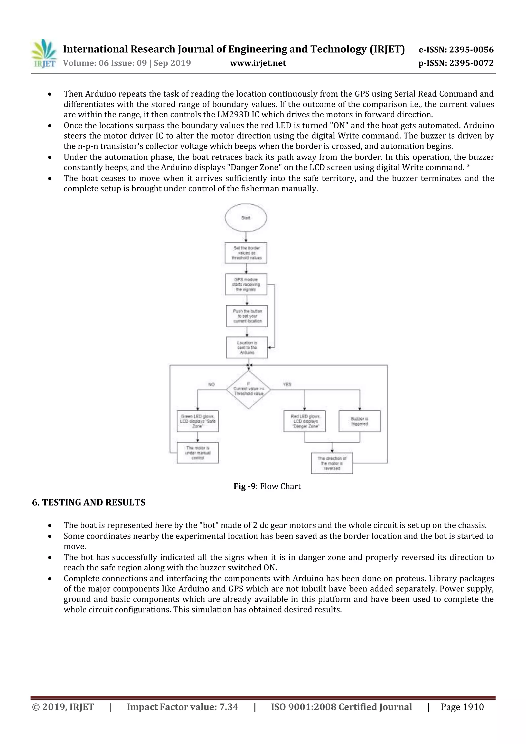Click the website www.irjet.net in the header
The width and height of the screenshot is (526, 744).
coord(258,63)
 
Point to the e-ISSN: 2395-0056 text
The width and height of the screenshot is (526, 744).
coord(456,50)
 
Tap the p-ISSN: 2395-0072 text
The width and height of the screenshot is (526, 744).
coord(456,63)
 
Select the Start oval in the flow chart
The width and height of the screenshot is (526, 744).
coord(246,218)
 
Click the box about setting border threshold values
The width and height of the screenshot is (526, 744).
coord(246,253)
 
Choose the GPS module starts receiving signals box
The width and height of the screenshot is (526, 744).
coord(246,285)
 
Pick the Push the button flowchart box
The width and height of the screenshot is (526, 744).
coord(247,316)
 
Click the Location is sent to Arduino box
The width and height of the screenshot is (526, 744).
coord(247,347)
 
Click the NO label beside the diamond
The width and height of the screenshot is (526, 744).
coord(211,384)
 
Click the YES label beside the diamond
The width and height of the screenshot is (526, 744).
coord(287,384)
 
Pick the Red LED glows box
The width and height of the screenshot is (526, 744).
coord(305,421)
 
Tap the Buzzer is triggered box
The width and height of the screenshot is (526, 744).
coord(359,421)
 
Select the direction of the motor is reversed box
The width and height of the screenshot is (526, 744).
coord(332,463)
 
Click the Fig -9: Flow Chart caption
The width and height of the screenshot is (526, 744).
coord(267,486)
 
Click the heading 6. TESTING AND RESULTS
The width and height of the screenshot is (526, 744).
coord(89,503)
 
